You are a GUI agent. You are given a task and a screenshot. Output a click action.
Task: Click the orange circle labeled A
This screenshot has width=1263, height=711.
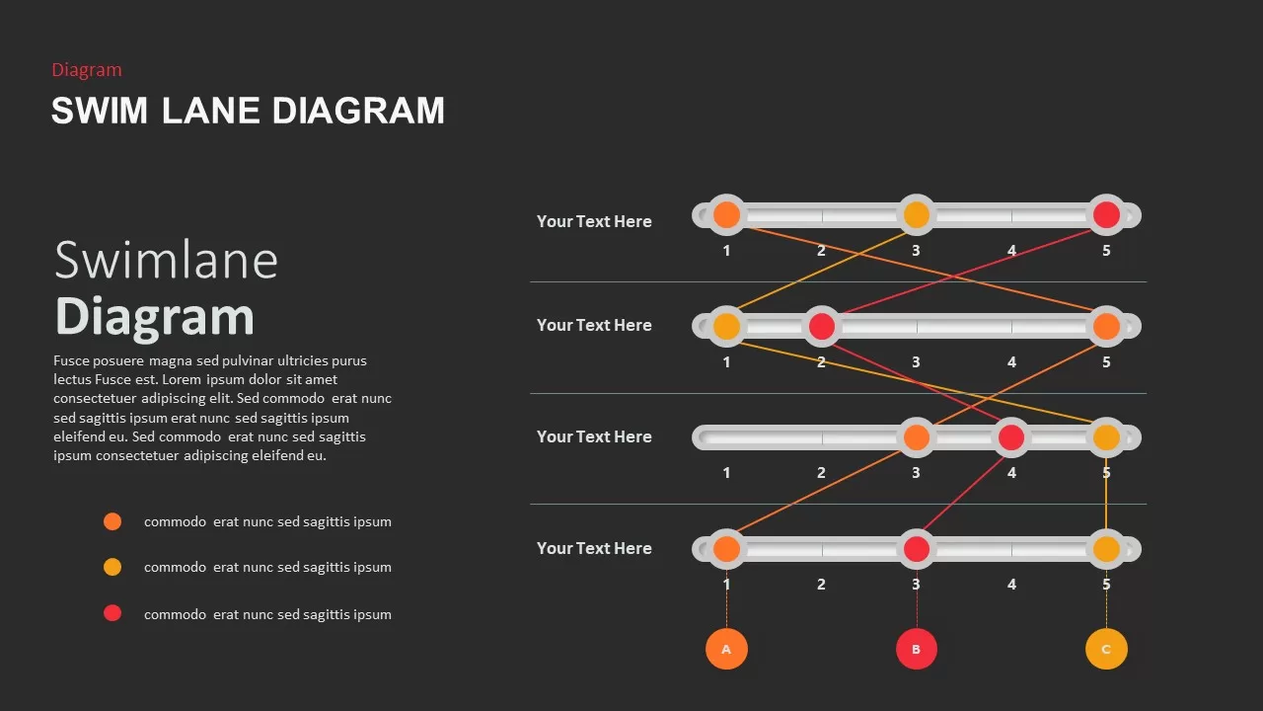pos(726,649)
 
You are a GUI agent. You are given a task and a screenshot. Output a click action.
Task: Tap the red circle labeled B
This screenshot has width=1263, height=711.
pos(917,649)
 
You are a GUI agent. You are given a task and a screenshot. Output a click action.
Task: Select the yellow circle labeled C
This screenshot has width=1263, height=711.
pos(1106,649)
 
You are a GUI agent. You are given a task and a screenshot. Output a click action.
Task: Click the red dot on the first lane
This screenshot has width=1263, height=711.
pos(1106,215)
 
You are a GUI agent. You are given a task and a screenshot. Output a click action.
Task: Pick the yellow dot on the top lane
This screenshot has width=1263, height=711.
pos(917,215)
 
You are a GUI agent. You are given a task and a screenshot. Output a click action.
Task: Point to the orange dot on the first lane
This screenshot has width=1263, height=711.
pos(726,215)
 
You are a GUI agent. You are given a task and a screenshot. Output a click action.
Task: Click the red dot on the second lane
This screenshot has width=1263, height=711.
pos(822,326)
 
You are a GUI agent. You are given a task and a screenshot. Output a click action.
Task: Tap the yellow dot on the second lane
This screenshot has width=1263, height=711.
pos(726,326)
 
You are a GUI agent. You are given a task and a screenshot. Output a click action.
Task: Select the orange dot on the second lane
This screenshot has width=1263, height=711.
pos(1106,326)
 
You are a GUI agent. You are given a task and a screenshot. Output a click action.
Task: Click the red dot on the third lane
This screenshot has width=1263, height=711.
pos(1011,437)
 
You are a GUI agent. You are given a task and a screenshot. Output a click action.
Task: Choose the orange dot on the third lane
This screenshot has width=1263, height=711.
pos(917,437)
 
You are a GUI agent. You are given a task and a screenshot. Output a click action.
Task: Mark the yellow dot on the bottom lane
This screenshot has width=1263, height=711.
pos(1106,549)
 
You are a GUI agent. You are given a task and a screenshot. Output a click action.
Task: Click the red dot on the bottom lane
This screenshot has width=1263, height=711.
pos(917,549)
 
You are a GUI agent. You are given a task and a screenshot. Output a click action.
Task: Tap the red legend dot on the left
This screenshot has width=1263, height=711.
pos(112,613)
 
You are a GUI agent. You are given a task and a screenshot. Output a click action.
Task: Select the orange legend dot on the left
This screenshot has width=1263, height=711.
pos(112,521)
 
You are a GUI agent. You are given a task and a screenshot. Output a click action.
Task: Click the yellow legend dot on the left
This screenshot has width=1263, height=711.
pos(112,567)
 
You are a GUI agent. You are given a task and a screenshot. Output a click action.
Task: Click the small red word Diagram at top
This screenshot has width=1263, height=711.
pos(87,70)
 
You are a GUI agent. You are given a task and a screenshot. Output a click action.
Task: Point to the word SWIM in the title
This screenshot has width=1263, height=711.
pos(100,110)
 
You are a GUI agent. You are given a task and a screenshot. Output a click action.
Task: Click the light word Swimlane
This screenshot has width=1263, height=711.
pos(167,260)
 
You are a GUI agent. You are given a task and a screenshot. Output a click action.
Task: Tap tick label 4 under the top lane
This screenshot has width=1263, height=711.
pos(1011,251)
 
